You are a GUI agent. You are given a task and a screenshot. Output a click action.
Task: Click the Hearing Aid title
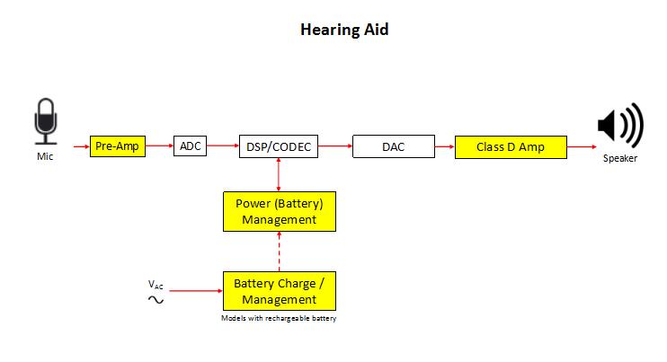pos(344,30)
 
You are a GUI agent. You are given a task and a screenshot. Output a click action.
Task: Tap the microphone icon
pos(46,121)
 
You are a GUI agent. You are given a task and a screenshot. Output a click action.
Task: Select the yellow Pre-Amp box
pos(118,146)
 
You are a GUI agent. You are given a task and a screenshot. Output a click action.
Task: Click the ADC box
pos(191,146)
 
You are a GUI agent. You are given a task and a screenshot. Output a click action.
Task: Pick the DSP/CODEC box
pos(279,146)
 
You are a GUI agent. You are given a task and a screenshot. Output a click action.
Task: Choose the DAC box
pos(394,146)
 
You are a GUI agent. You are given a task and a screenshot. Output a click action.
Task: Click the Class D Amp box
pos(511,147)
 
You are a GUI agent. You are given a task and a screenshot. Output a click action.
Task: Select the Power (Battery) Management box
pos(280,212)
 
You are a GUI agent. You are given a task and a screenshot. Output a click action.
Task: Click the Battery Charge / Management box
pos(280,291)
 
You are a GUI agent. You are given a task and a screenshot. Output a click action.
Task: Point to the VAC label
pos(156,284)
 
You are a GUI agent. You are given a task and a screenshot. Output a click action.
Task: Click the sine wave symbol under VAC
pos(156,300)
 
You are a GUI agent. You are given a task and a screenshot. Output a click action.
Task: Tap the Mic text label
pos(45,156)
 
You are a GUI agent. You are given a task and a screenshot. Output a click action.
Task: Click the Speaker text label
pos(620,158)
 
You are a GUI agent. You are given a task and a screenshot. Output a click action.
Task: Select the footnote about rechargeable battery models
pos(279,318)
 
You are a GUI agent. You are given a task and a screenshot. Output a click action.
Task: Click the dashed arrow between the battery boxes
pos(279,252)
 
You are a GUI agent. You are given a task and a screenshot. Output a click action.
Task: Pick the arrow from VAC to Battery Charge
pos(196,291)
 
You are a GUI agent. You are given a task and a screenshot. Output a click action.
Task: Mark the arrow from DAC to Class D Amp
pos(445,146)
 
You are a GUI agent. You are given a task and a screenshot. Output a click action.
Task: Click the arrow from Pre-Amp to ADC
pos(159,146)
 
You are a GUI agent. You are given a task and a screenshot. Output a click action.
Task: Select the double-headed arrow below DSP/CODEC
pos(279,174)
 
